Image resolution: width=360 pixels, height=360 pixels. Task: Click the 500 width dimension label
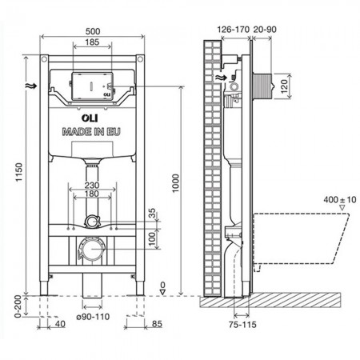[x=93, y=31]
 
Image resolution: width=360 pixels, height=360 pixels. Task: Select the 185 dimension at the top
[x=92, y=42]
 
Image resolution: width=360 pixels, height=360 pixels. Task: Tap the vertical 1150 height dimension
[x=19, y=172]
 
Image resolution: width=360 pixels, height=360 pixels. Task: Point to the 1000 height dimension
[x=175, y=183]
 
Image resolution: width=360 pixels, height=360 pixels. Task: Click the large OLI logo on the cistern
[x=90, y=118]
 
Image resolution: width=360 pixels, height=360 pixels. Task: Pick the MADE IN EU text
[x=91, y=132]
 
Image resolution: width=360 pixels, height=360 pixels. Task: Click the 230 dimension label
[x=92, y=185]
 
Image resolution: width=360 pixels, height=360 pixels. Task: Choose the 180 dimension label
[x=92, y=194]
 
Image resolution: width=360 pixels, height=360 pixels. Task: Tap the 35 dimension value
[x=152, y=214]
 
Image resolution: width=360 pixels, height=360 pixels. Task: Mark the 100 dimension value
[x=152, y=238]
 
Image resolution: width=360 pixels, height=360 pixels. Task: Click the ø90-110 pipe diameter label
[x=93, y=317]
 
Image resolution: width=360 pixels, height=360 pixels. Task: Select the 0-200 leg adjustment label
[x=18, y=306]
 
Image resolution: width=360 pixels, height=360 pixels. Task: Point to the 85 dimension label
[x=157, y=324]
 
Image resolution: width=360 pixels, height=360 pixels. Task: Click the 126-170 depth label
[x=234, y=30]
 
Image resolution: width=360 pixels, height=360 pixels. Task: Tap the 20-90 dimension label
[x=265, y=30]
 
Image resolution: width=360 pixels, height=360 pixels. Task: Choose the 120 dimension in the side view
[x=284, y=86]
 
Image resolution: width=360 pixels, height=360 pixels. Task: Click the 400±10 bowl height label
[x=340, y=199]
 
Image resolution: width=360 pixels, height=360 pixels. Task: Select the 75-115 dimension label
[x=242, y=325]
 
